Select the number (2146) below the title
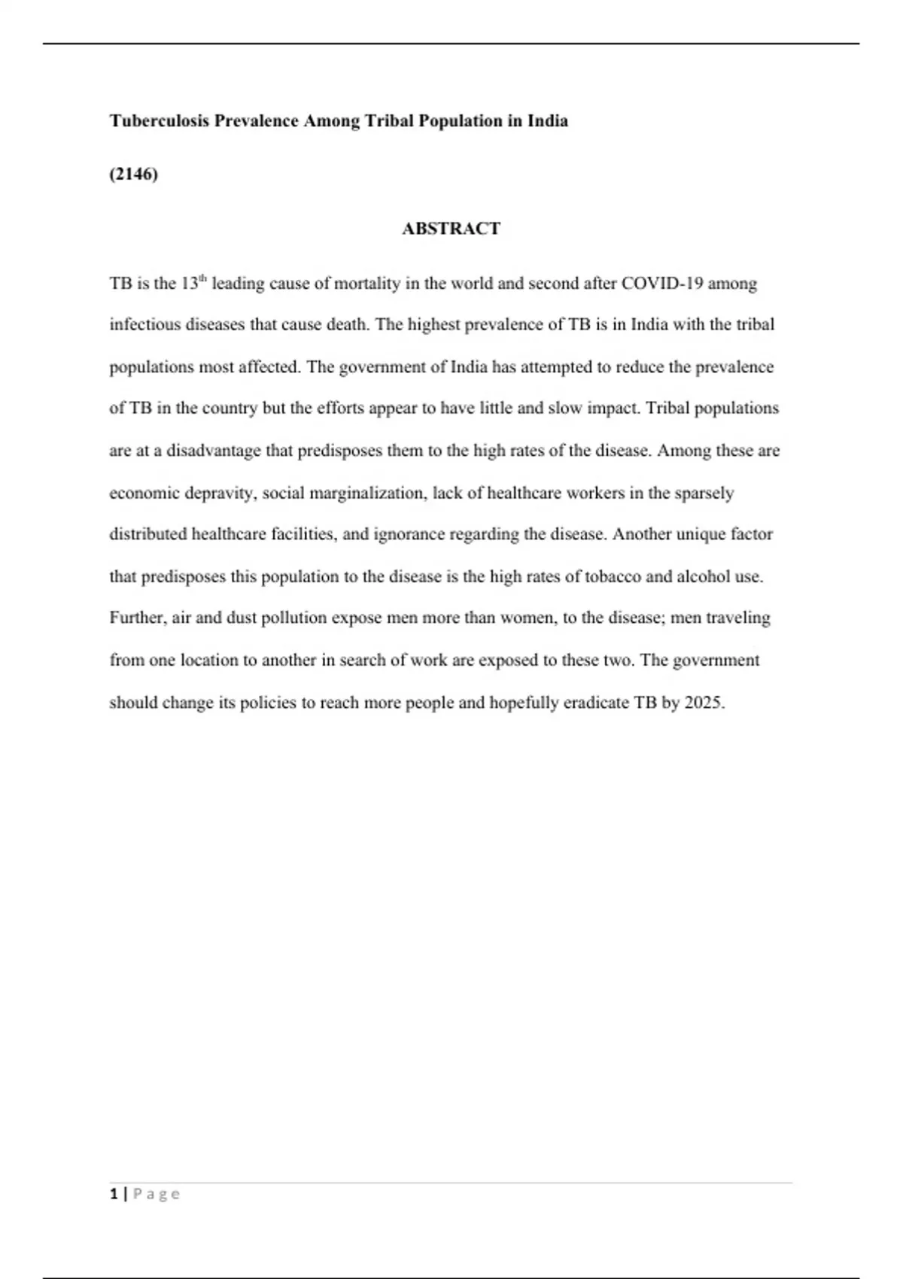point(134,175)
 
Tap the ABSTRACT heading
point(451,229)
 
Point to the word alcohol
point(703,577)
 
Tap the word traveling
point(737,618)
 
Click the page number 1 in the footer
point(114,1194)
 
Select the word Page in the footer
point(157,1194)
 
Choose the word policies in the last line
point(268,703)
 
